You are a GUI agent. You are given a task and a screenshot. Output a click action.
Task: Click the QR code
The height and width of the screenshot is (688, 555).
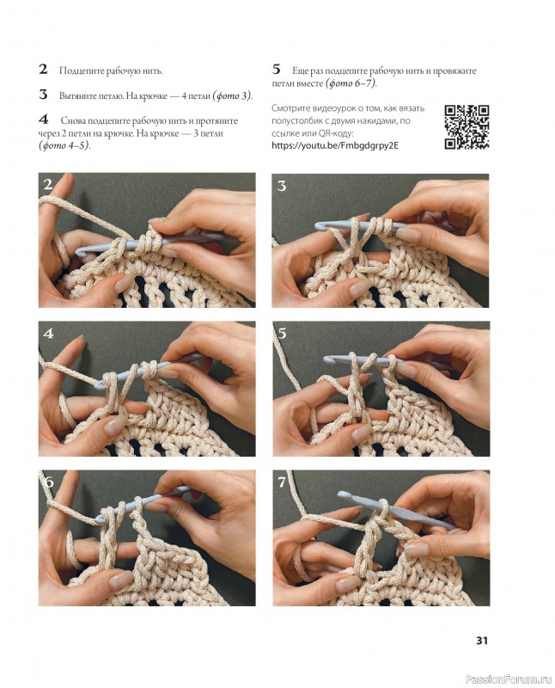point(467,127)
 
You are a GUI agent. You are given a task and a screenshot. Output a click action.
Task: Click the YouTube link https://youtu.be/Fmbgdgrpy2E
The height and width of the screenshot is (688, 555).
point(335,145)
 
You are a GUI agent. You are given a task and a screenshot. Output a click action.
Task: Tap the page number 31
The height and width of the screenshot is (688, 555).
point(482,641)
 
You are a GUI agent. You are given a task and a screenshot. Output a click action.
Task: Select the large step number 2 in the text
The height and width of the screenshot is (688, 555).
point(43,70)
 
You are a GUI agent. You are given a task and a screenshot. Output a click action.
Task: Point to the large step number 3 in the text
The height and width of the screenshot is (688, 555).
point(43,95)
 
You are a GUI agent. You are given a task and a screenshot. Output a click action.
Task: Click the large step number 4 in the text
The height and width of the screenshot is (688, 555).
point(44,120)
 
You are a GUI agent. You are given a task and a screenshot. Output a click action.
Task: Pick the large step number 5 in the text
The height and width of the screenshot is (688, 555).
point(276,69)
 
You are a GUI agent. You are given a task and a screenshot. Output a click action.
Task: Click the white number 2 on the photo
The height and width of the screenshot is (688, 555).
point(48,185)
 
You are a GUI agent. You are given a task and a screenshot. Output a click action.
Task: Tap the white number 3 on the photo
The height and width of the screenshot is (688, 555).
point(282,186)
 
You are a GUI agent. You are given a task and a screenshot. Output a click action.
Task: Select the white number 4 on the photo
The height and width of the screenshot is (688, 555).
point(48,334)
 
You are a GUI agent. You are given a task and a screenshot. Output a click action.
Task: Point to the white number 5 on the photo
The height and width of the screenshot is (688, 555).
point(282,334)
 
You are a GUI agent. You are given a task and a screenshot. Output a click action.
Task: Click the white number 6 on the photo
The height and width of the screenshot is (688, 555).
point(49,482)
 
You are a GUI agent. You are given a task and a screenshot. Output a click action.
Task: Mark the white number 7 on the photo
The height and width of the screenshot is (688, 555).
point(282,482)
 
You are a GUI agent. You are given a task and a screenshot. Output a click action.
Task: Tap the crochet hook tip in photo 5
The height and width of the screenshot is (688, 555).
point(327,359)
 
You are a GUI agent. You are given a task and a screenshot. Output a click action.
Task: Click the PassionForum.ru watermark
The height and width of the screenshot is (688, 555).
point(508,679)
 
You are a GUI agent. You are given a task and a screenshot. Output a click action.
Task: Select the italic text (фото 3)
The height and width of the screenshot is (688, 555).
point(232,95)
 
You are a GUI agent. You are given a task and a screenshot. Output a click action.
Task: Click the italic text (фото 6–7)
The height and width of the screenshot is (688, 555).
point(351,83)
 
